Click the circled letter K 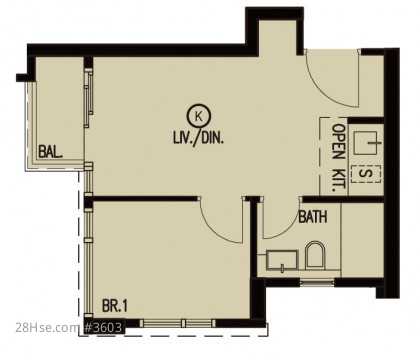coord(199,116)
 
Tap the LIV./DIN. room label coord(198,137)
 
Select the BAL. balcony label coord(50,152)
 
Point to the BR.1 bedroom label coord(115,306)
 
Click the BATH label coord(313,217)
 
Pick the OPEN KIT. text coord(339,157)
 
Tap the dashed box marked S coord(366,174)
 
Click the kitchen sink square coord(365,143)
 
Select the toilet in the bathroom coord(315,255)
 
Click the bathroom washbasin coord(282,260)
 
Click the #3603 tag coord(103,327)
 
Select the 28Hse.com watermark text coord(46,328)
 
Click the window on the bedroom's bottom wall coord(178,323)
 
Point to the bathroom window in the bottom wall coord(317,282)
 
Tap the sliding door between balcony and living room coord(88,98)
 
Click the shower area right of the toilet coord(362,240)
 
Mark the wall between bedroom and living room coord(144,199)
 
